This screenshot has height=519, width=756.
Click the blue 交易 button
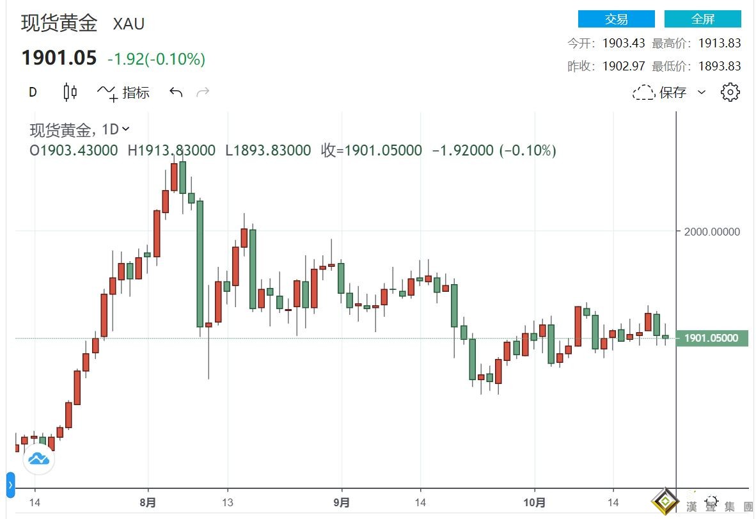[616, 19]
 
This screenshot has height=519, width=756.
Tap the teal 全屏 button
[702, 19]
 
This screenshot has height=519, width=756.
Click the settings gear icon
[730, 92]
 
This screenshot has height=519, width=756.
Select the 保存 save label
[673, 93]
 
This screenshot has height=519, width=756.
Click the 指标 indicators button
[136, 93]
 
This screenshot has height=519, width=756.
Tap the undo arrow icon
[176, 93]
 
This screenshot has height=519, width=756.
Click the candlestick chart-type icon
[70, 92]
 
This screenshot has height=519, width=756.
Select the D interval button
[33, 92]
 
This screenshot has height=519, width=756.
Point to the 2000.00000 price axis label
[712, 232]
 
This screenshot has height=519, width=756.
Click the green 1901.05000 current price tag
[712, 338]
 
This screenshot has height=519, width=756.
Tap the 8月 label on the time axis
[148, 503]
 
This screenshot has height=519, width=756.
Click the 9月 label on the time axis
[342, 503]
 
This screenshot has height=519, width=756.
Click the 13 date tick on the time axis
[227, 503]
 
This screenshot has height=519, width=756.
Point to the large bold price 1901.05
[59, 59]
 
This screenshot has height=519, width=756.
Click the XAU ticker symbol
[129, 24]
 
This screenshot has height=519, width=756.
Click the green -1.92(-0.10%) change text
[156, 60]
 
